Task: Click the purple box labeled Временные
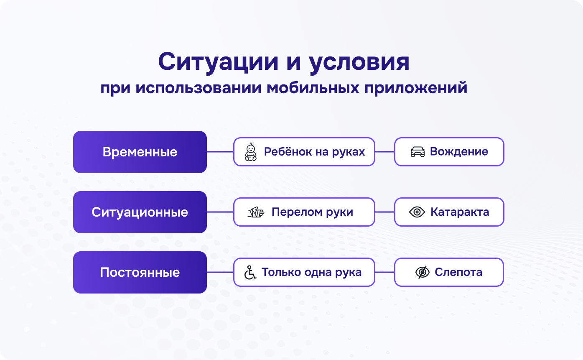pyautogui.click(x=140, y=152)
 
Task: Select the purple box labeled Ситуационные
pyautogui.click(x=140, y=212)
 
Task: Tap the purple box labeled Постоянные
pyautogui.click(x=140, y=272)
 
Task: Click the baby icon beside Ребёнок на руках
pyautogui.click(x=251, y=152)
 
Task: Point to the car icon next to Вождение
pyautogui.click(x=418, y=152)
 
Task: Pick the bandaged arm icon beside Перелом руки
pyautogui.click(x=256, y=212)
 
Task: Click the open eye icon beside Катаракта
pyautogui.click(x=417, y=212)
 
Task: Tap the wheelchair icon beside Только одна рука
pyautogui.click(x=250, y=273)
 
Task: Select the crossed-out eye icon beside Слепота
pyautogui.click(x=423, y=273)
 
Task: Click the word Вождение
pyautogui.click(x=459, y=152)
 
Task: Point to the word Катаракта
pyautogui.click(x=460, y=212)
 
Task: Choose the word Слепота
pyautogui.click(x=458, y=272)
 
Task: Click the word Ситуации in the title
pyautogui.click(x=218, y=62)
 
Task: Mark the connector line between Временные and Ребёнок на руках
pyautogui.click(x=220, y=152)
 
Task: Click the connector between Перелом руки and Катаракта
pyautogui.click(x=384, y=212)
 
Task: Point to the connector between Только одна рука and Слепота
pyautogui.click(x=384, y=272)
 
